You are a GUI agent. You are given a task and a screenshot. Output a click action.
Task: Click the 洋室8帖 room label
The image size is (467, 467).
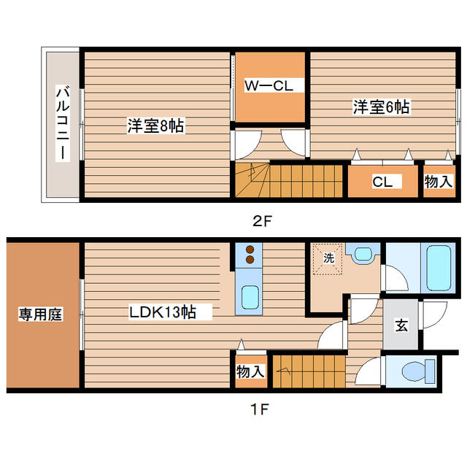pos(155,126)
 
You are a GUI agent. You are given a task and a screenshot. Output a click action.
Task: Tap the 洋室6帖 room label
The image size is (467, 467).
pos(381,107)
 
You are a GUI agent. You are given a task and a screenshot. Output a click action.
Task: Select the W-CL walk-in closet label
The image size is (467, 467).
pos(268,86)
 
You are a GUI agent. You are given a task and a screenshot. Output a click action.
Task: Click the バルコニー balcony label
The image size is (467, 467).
pos(63,125)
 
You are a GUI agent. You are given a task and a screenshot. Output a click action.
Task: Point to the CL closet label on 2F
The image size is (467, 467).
pos(382,182)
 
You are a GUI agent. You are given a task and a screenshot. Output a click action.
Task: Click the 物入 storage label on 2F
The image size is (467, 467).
pos(439,182)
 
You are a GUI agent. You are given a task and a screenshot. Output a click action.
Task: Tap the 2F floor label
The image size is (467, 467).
pos(262,220)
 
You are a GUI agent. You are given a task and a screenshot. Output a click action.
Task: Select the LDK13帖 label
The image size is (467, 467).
pos(162,313)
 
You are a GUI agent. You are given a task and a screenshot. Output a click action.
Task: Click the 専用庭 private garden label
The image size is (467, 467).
pos(40,314)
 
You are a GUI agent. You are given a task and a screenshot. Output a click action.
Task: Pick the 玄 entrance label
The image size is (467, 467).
pos(401,325)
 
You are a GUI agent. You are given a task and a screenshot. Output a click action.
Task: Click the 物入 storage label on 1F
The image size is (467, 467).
pos(250,372)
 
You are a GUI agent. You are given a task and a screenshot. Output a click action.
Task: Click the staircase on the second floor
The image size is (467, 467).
pos(288,180)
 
